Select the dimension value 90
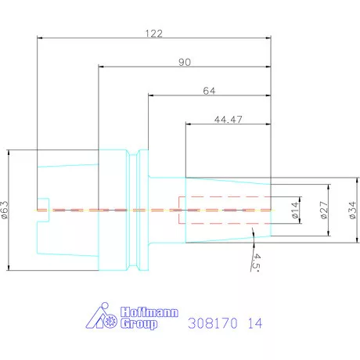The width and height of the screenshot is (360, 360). [x=184, y=61]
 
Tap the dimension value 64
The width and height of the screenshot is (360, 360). [x=208, y=91]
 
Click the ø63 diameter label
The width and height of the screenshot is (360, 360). [x=6, y=210]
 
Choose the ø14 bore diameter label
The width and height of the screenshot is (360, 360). [x=296, y=211]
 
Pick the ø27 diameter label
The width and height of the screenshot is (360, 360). [x=323, y=210]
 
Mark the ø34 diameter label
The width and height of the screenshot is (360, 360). [x=351, y=210]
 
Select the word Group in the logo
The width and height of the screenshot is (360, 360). [x=138, y=324]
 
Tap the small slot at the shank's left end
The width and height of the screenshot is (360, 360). [x=44, y=210]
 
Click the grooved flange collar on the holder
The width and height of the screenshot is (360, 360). [x=142, y=210]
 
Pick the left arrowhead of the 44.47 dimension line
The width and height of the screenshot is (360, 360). [x=189, y=124]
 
